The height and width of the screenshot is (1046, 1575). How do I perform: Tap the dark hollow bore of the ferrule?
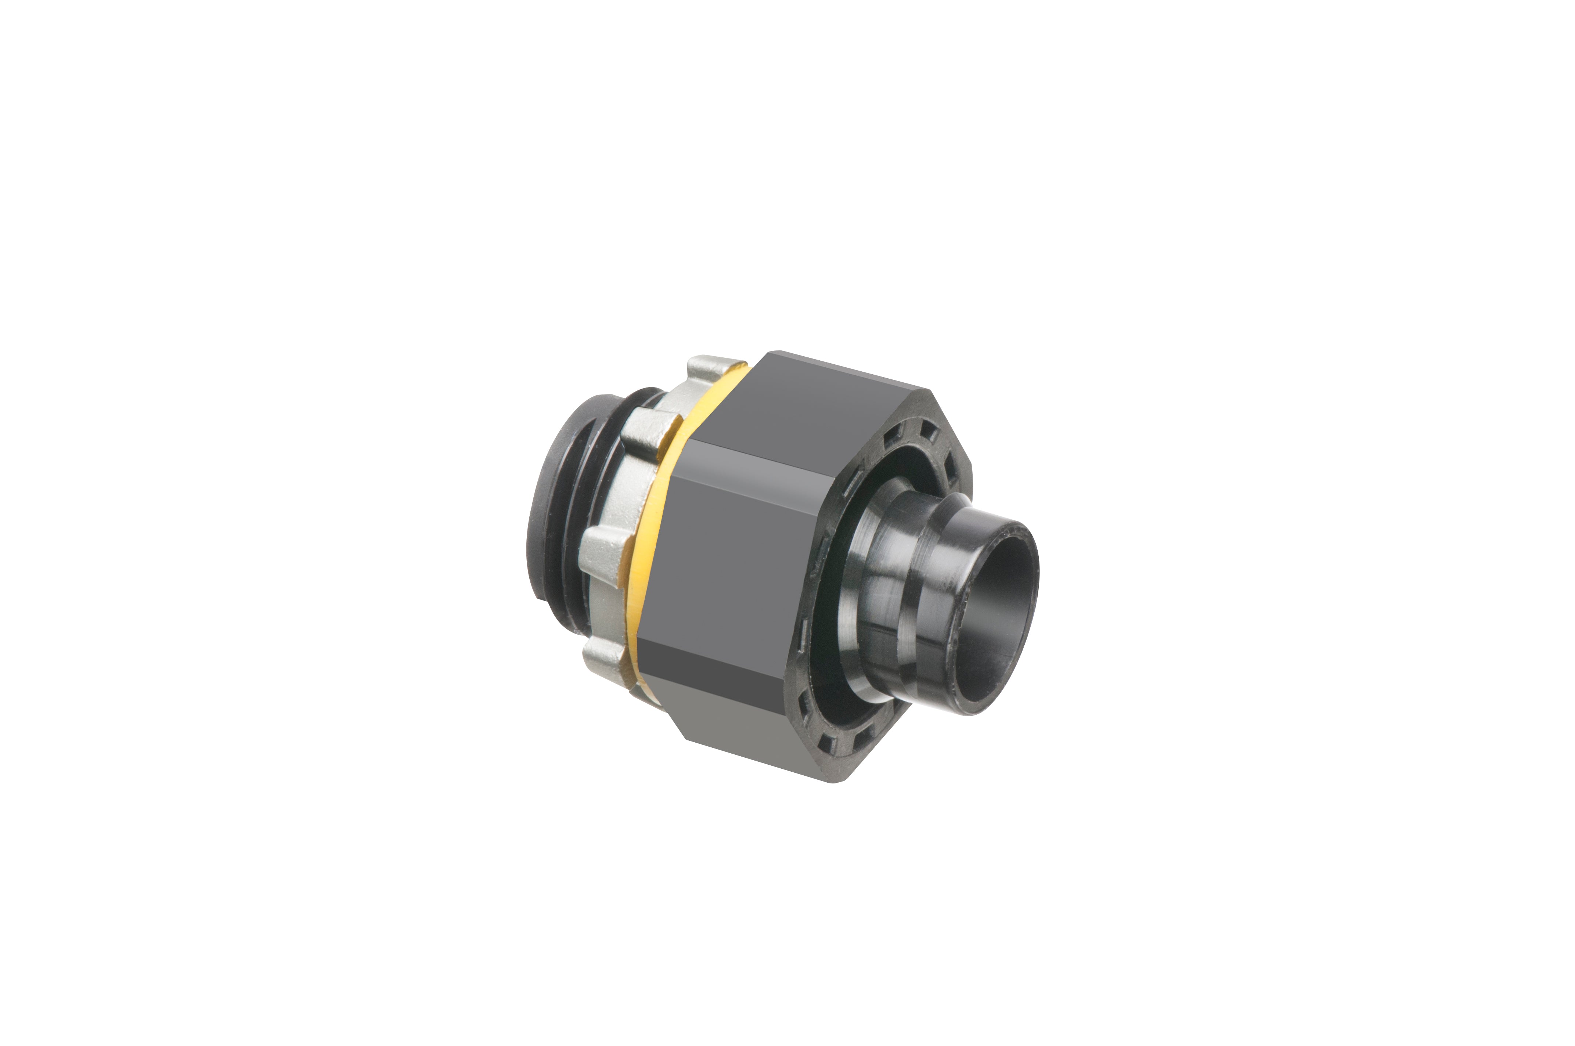(1001, 600)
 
